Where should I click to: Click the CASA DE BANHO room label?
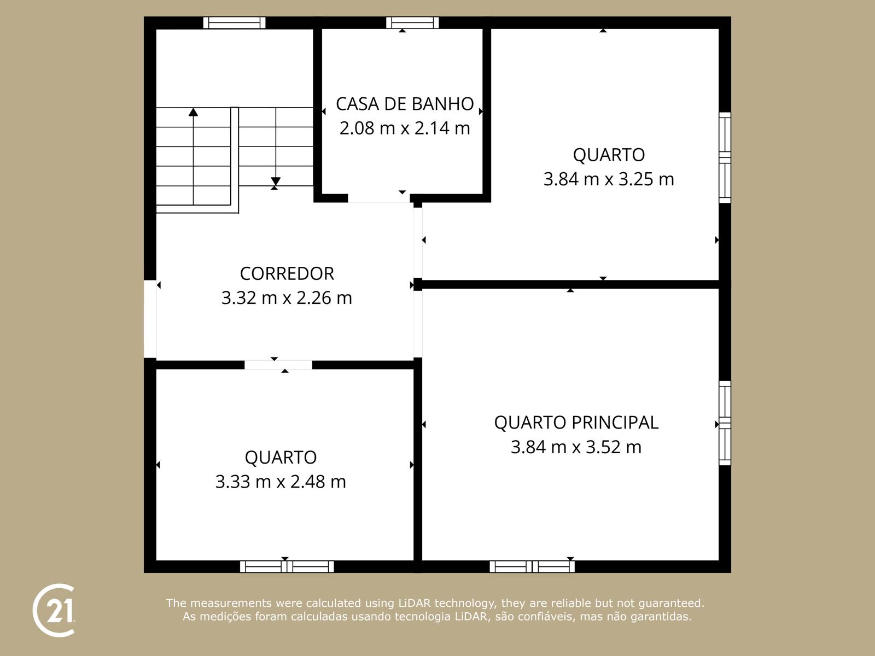coord(405,104)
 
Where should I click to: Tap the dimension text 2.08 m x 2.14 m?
coord(405,128)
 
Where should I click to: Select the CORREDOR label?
coord(287,273)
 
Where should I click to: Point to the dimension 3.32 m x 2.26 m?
coord(287,298)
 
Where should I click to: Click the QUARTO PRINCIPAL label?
coord(576,423)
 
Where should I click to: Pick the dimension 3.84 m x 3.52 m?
coord(576,447)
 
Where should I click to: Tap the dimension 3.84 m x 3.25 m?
coord(608,179)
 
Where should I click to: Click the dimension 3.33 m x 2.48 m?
coord(281,482)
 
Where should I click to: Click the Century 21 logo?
coord(54,611)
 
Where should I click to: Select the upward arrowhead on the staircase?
coord(193,112)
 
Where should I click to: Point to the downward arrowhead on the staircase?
coord(276,181)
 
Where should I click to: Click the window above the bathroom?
coord(412,22)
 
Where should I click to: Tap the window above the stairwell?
coord(234,22)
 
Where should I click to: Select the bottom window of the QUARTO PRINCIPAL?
coord(532,566)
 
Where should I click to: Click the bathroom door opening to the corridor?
coord(378,198)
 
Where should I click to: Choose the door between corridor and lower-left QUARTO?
coord(278,365)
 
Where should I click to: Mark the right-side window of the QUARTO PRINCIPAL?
coord(725,423)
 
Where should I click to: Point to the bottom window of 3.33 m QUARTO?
coord(287,566)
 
